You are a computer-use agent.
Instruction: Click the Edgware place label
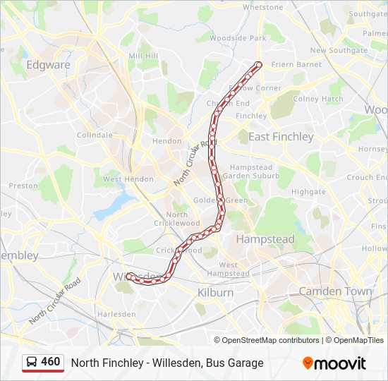click(x=48, y=65)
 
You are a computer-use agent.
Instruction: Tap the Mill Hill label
click(x=143, y=56)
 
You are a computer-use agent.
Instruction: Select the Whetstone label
click(x=262, y=7)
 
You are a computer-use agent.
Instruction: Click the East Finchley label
click(x=281, y=136)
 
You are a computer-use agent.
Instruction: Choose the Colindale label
click(x=95, y=135)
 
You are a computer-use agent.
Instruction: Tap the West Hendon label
click(x=128, y=179)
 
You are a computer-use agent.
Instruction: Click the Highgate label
click(x=308, y=191)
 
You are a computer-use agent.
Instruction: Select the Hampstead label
click(x=265, y=239)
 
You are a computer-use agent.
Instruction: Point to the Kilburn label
click(x=215, y=292)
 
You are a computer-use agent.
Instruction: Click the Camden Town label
click(x=335, y=291)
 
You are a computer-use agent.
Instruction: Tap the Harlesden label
click(x=116, y=313)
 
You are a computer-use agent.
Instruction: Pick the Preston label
click(x=23, y=186)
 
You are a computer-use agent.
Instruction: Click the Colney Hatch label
click(x=317, y=99)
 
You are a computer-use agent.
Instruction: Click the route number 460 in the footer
click(x=51, y=362)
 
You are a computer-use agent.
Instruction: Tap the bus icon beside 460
click(x=32, y=363)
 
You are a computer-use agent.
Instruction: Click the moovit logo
click(x=334, y=363)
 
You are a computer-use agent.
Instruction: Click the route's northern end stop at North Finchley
click(x=258, y=65)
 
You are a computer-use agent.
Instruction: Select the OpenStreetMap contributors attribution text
click(x=270, y=340)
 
